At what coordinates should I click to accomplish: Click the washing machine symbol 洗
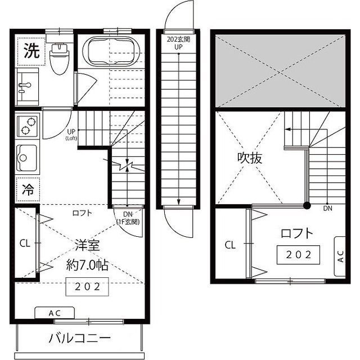pos(31,52)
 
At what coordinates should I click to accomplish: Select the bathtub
pos(110,51)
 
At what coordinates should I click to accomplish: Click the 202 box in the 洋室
pos(87,286)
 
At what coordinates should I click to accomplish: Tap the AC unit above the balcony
pos(55,313)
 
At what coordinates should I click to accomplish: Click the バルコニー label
pos(79,339)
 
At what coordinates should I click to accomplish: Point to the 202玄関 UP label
pos(178,43)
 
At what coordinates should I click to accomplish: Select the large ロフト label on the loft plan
pos(296,233)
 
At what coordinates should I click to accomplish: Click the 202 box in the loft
pos(298,254)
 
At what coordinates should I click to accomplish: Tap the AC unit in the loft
pos(340,251)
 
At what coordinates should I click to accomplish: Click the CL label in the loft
pos(229,245)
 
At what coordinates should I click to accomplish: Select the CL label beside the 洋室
pos(24,244)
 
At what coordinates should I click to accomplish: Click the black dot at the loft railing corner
pos(307,205)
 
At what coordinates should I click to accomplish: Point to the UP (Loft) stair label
pos(71,134)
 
